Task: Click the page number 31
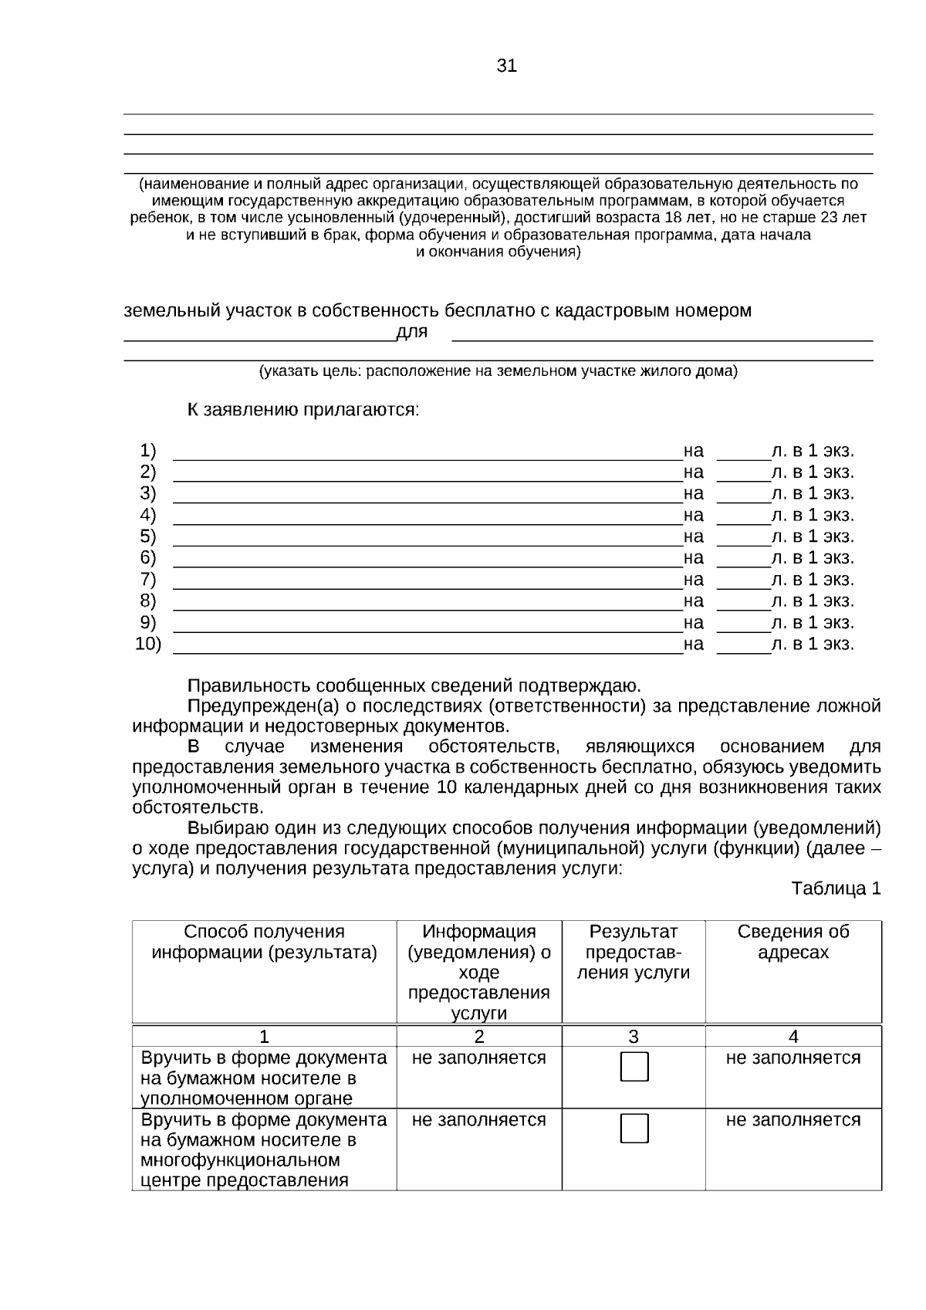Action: [506, 66]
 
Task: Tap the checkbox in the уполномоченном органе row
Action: [634, 1066]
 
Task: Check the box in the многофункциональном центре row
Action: [634, 1128]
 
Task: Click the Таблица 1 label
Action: [836, 889]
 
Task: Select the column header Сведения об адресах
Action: [793, 942]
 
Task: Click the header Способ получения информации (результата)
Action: [264, 942]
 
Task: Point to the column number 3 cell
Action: [634, 1037]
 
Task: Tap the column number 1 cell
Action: [264, 1037]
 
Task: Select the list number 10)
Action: [148, 643]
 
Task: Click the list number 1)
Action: [147, 450]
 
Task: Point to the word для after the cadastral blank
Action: [411, 332]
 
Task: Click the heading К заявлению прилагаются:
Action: [303, 409]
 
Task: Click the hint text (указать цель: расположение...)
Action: [498, 371]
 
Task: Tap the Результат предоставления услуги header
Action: [634, 952]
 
